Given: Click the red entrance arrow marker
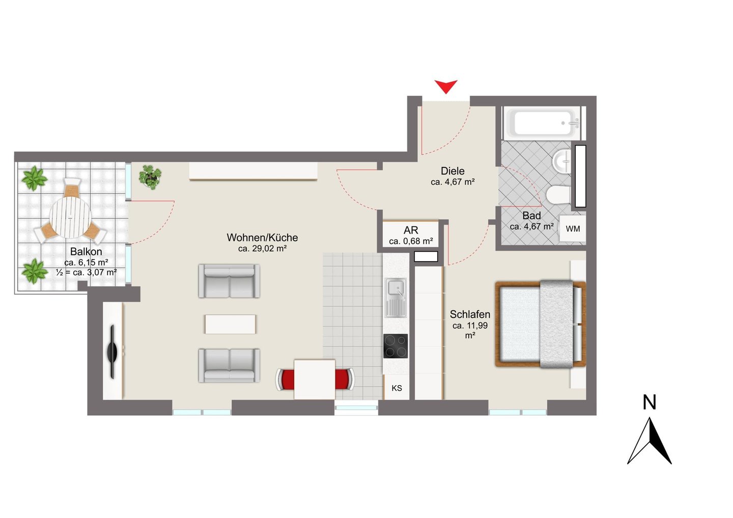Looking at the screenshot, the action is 446,85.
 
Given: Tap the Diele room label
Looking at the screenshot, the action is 453,170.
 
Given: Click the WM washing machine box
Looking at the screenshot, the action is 573,228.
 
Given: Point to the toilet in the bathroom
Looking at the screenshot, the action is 558,195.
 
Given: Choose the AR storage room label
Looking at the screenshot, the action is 411,230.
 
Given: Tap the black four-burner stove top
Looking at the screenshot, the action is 396,346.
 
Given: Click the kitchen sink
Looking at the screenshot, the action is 396,298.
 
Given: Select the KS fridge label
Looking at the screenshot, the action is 397,388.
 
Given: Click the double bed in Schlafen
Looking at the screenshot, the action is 540,324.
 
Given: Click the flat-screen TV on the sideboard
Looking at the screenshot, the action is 112,352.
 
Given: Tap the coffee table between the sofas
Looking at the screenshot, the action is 231,324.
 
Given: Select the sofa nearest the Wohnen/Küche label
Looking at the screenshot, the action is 229,281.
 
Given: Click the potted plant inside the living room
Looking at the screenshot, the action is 150,177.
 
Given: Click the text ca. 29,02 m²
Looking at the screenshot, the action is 263,248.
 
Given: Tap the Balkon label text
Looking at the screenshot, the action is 86,251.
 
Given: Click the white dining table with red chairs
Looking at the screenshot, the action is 315,380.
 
